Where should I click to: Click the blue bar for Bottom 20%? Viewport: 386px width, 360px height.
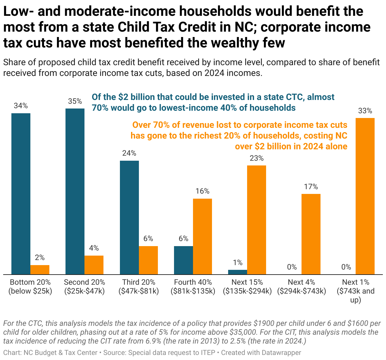(21, 194)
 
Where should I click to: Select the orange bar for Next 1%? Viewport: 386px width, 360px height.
(365, 196)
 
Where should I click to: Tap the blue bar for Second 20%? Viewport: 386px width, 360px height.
(75, 191)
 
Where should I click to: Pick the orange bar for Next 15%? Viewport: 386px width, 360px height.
(256, 220)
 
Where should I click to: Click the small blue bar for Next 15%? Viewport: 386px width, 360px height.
(238, 272)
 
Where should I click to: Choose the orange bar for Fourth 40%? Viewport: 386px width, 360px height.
(202, 236)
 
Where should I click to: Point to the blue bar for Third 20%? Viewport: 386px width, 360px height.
(129, 217)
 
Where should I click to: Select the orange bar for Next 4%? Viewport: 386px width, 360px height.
(311, 234)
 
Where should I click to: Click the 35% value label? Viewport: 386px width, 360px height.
(75, 101)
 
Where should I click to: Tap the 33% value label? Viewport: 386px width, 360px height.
(365, 111)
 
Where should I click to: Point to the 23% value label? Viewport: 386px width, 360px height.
(256, 158)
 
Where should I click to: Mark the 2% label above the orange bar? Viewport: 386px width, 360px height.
(40, 258)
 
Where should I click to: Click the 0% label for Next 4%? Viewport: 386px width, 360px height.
(292, 267)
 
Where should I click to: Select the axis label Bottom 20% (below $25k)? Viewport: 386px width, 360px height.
(30, 287)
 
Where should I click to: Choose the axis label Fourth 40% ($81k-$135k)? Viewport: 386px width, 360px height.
(193, 287)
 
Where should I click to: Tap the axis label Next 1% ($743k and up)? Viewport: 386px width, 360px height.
(356, 291)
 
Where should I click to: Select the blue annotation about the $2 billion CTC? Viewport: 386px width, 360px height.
(213, 102)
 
